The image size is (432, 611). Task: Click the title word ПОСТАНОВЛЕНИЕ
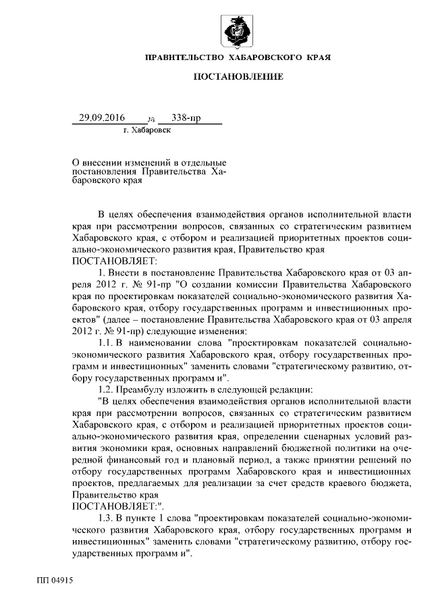click(x=238, y=78)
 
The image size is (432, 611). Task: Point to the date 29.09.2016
click(x=102, y=118)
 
